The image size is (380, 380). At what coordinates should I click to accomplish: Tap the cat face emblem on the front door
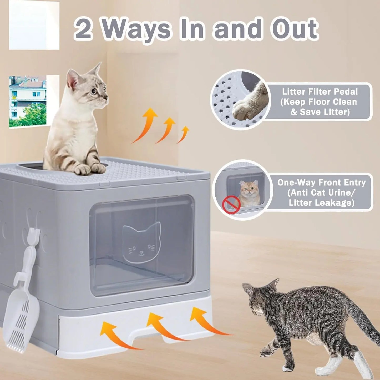[141, 243]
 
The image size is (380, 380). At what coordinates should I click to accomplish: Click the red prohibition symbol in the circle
[231, 205]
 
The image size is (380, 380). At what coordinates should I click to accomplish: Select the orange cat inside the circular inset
[249, 193]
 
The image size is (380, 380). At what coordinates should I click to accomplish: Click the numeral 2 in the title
[84, 29]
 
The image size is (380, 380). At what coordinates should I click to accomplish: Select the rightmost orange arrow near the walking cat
[208, 321]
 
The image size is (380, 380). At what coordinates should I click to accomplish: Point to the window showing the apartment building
[28, 101]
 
